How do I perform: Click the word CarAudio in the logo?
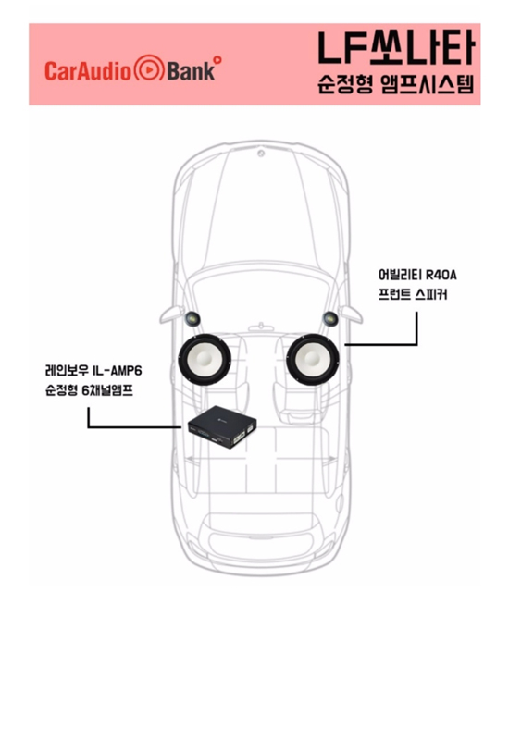88,71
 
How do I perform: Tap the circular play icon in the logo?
149,69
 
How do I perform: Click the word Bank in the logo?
191,71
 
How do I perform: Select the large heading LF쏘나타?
396,48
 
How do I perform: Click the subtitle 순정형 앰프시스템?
396,84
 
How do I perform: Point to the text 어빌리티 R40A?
417,274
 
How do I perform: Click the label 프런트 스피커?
413,294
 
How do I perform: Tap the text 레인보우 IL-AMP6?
93,371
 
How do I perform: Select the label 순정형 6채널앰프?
89,390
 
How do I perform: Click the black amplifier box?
222,426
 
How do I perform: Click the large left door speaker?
205,359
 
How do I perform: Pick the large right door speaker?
313,359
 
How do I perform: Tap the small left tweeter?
192,319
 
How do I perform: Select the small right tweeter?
330,319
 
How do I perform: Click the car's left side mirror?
171,314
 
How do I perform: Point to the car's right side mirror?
352,314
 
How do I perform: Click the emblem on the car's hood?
261,154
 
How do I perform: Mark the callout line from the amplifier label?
88,427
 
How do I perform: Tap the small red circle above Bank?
217,59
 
